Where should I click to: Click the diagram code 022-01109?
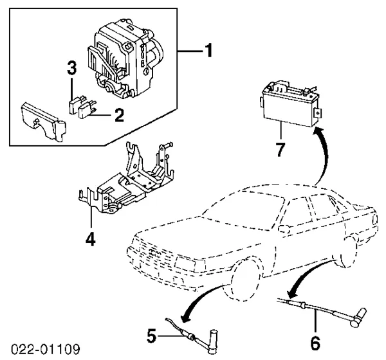[45, 350]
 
